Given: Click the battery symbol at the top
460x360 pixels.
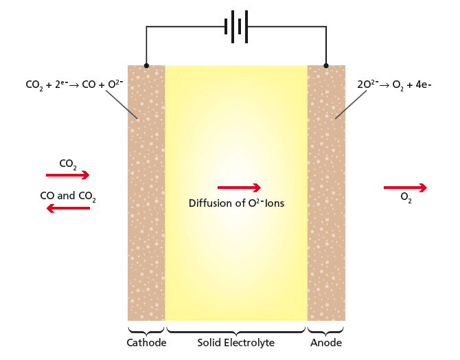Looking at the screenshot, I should point(236,26).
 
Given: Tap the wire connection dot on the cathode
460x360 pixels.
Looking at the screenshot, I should point(146,66).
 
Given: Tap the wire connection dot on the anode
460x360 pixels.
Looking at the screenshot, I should point(326,66).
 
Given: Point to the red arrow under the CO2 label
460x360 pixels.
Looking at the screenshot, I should point(67,176).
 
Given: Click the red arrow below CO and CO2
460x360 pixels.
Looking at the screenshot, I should point(67,208).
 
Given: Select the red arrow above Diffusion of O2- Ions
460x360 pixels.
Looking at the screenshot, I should point(239,188).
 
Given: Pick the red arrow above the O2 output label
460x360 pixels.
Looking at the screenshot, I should point(405,188).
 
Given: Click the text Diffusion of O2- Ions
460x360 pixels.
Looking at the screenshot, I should point(236,203).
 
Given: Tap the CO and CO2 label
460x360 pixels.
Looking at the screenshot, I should point(68,196).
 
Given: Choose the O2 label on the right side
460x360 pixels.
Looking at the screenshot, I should point(406,199).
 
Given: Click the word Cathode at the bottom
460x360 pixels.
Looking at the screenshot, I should point(146,342).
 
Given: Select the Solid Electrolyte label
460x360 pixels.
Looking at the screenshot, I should point(236,342).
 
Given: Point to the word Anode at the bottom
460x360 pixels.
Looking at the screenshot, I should point(326,342).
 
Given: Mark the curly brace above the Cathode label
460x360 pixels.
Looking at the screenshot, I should point(146,327).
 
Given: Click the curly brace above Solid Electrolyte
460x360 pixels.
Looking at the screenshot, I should point(236,328).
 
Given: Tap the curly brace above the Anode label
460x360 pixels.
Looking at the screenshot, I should point(326,327).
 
